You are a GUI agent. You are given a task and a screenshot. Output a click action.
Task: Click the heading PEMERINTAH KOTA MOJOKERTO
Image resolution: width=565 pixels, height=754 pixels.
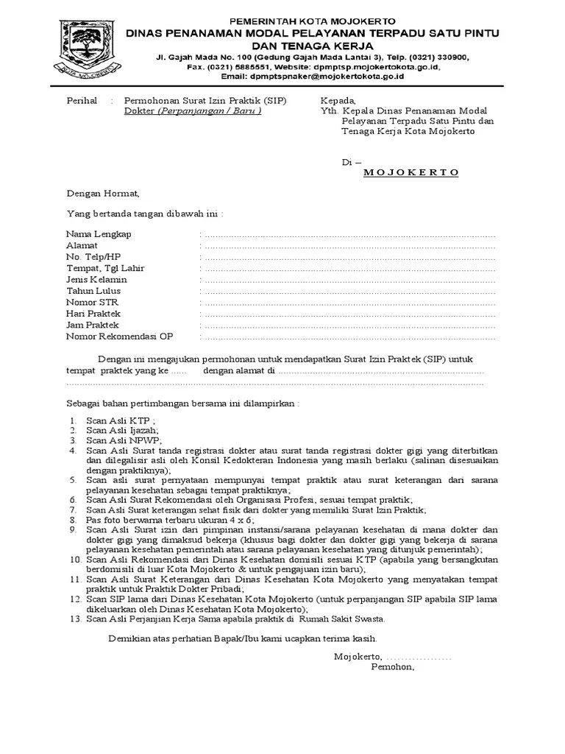point(313,21)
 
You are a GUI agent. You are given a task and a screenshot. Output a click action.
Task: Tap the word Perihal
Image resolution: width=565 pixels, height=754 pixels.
point(82,101)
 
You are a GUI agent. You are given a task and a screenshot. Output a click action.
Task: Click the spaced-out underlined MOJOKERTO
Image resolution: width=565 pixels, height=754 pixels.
point(411,172)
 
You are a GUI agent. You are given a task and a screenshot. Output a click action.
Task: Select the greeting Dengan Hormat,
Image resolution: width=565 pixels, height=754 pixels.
point(102,194)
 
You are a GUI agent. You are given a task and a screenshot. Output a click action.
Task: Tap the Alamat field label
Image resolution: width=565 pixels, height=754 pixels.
point(82,245)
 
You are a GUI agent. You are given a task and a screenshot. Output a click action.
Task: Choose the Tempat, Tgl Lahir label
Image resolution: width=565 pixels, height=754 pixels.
point(105,268)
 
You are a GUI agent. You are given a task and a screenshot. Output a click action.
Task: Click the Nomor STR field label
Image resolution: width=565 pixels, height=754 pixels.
point(92,302)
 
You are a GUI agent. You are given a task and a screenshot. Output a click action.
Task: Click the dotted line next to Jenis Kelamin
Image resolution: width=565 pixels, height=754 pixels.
point(349,280)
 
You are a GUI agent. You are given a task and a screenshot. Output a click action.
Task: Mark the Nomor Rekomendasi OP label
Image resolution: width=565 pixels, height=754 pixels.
point(119,337)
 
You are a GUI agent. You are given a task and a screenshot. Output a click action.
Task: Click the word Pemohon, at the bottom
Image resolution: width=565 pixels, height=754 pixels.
point(393,668)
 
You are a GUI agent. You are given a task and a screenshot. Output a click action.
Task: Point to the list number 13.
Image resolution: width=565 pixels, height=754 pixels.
point(74,619)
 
